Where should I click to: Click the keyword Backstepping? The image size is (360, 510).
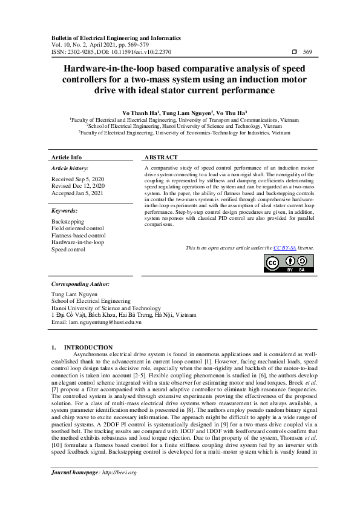(68, 222)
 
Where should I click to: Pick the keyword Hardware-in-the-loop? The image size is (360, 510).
(77, 242)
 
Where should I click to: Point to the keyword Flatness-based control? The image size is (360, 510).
(79, 236)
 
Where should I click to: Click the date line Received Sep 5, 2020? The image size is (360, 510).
(77, 180)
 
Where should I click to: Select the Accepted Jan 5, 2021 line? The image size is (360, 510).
(76, 193)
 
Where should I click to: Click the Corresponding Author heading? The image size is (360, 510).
(80, 283)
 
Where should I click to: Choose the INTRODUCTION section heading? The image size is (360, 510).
(88, 348)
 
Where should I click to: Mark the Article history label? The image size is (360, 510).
(70, 168)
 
